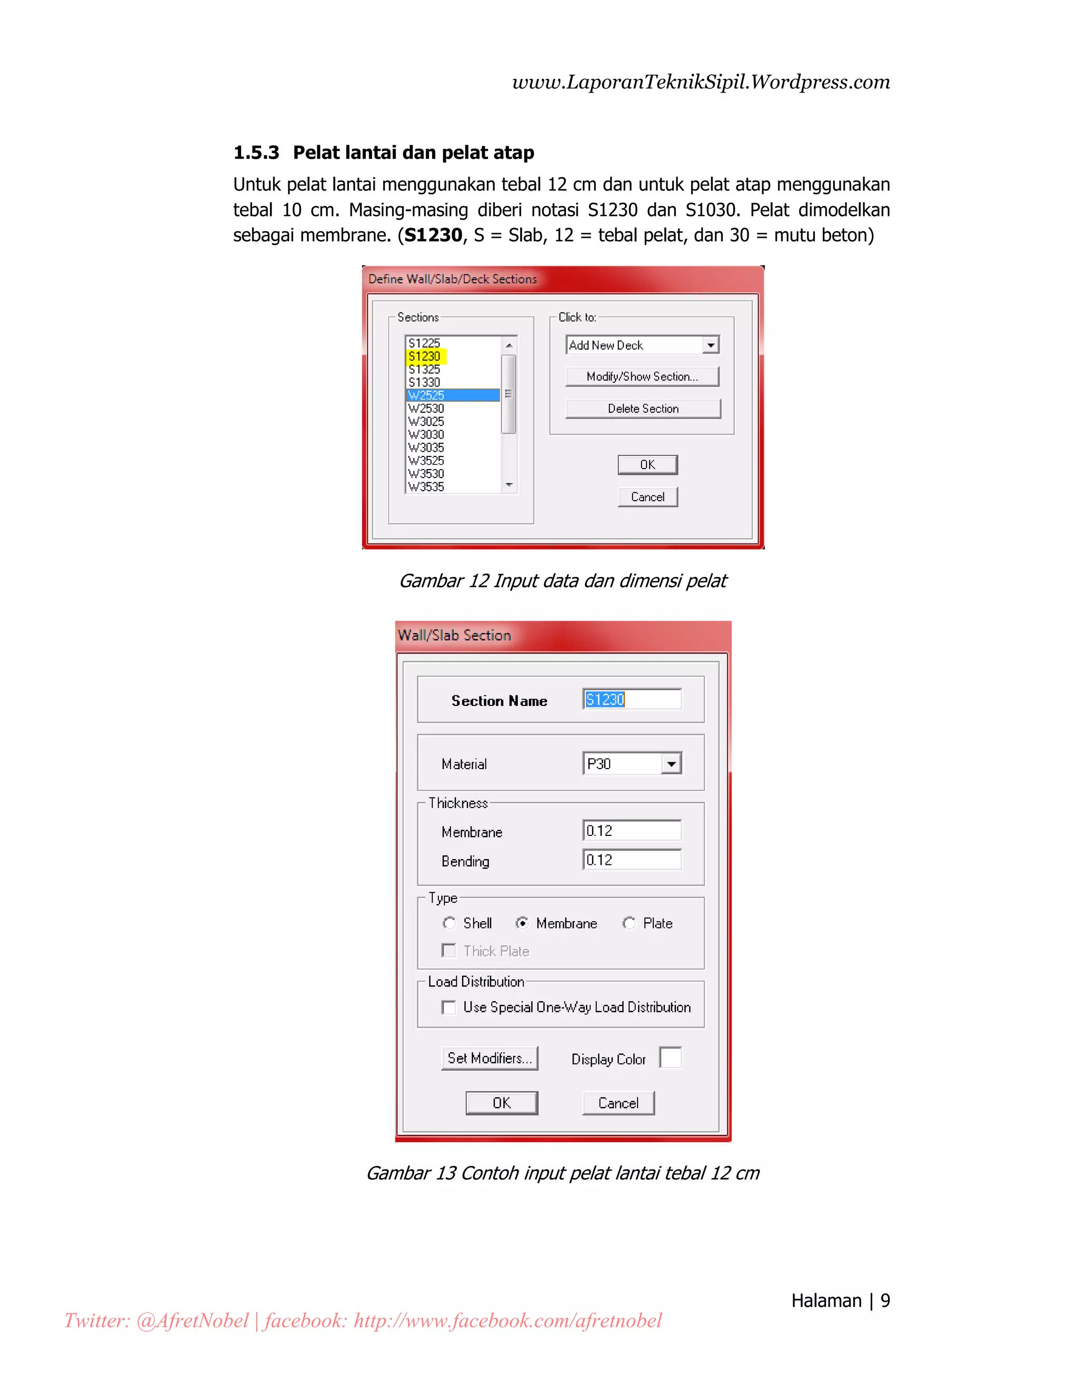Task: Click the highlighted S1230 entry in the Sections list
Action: point(425,356)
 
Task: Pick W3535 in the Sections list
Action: point(426,487)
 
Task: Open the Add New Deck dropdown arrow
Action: point(710,345)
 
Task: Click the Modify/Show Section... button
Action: point(642,377)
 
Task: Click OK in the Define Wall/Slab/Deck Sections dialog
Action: point(647,465)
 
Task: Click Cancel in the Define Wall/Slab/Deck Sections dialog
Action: point(647,497)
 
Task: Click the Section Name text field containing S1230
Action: point(632,700)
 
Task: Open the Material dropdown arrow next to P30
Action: point(671,764)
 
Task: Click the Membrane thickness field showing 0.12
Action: point(632,831)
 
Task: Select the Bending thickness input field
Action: point(632,860)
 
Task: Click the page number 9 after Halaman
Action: point(885,1300)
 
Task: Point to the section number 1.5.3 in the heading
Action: point(256,153)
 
